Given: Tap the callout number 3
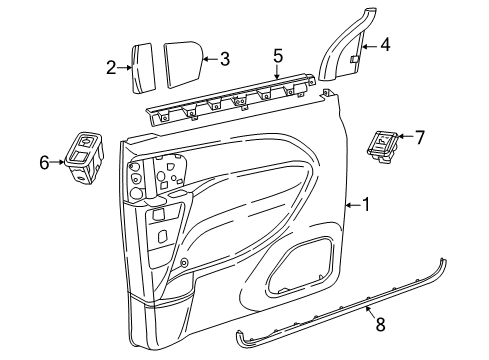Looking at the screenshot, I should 225,59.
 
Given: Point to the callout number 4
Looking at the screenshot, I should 384,45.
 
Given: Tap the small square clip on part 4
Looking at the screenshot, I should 354,61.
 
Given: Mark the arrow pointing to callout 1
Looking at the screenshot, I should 350,204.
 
